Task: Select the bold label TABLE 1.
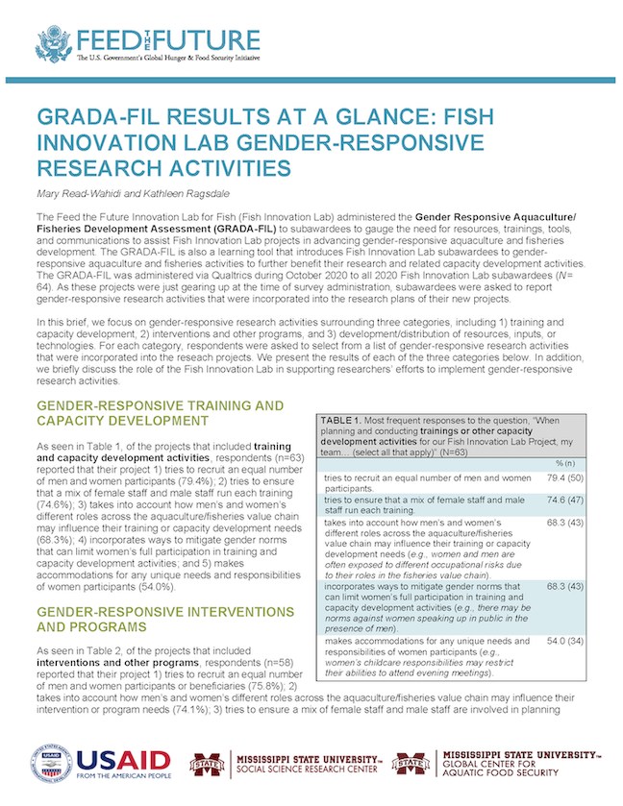point(342,420)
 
